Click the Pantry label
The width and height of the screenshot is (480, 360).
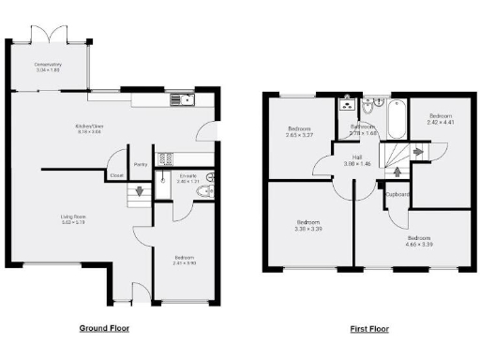[141, 164]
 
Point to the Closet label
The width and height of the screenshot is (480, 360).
[116, 175]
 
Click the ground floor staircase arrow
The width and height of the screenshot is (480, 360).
[140, 192]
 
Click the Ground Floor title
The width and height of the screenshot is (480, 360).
[103, 328]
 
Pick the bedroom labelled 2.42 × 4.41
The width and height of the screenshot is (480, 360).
[440, 121]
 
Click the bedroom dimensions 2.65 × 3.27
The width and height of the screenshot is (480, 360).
[300, 134]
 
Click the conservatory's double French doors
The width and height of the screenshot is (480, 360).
[48, 35]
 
